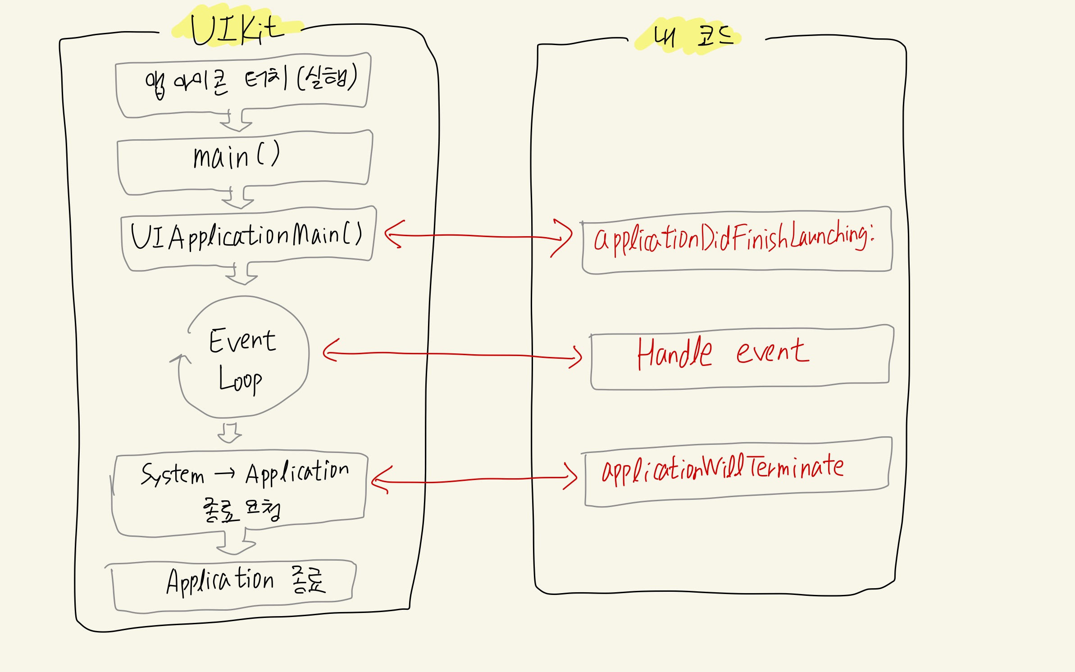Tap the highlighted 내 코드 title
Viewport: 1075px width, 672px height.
coord(692,36)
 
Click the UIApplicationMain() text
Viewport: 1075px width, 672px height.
coord(246,236)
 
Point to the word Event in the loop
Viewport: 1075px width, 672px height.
coord(242,341)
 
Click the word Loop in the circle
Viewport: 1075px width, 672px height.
coord(240,381)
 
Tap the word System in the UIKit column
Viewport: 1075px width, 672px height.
coord(172,474)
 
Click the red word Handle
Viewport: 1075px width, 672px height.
coord(674,353)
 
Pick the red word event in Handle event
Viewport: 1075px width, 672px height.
coord(772,352)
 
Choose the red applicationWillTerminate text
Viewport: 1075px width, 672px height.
coord(723,469)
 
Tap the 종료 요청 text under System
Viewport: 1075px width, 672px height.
coord(241,511)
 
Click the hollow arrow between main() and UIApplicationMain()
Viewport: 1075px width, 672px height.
coord(238,198)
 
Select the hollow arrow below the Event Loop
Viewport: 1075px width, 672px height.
coord(230,433)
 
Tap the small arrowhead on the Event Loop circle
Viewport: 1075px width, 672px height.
coord(181,359)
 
